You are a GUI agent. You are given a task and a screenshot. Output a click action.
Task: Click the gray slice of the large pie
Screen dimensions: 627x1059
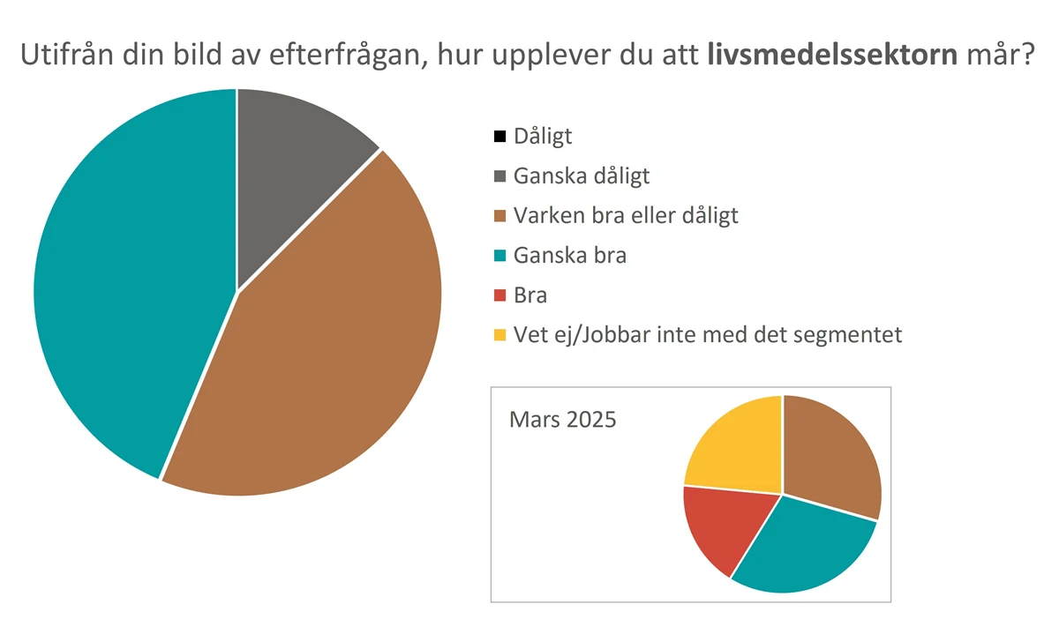tap(291, 168)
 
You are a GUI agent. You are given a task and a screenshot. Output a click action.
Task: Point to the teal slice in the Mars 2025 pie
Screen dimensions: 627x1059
tap(799, 547)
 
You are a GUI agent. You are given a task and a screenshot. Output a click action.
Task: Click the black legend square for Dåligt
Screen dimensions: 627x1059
tap(500, 137)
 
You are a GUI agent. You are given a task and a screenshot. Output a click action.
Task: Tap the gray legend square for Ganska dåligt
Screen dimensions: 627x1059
tap(500, 176)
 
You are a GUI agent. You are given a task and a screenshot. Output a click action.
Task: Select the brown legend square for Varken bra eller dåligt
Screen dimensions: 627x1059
tap(500, 216)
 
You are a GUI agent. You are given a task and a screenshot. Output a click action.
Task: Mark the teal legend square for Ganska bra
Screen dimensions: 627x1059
tap(500, 256)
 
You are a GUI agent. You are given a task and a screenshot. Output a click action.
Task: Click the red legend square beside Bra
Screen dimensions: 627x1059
tap(500, 295)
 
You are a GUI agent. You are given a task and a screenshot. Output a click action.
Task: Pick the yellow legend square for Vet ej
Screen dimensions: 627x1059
tap(500, 335)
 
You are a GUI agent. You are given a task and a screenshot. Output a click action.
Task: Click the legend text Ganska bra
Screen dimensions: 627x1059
tap(570, 256)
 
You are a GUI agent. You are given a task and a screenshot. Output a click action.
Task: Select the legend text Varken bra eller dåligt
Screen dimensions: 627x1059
tap(626, 215)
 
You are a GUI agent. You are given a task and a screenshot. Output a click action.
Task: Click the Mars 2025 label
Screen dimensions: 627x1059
tap(563, 418)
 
